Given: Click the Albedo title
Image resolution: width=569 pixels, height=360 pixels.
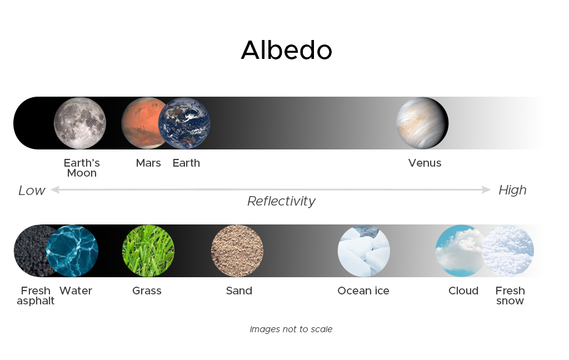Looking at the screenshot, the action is click(x=286, y=50).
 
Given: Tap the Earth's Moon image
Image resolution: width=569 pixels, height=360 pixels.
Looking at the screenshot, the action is click(x=80, y=123).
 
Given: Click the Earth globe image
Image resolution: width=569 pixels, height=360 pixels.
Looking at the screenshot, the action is click(x=184, y=123).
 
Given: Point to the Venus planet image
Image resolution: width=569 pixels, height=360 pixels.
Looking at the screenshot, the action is click(x=422, y=123).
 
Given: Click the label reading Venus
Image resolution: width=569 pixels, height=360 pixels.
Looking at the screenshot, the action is click(x=425, y=163).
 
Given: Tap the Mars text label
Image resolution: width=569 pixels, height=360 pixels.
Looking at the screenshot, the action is click(x=148, y=163).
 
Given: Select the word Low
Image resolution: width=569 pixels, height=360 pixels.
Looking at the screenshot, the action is click(x=32, y=190).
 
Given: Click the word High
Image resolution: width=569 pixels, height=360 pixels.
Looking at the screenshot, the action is click(x=512, y=190).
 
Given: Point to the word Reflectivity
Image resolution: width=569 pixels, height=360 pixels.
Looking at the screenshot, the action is click(x=281, y=201).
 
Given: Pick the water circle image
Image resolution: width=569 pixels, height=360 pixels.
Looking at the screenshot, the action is click(x=72, y=251).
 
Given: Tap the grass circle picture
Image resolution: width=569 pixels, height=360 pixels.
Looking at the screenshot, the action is click(x=148, y=251).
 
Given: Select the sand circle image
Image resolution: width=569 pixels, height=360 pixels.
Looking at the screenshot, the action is click(x=237, y=251).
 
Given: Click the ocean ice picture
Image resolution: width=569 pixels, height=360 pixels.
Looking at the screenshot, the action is click(x=363, y=251).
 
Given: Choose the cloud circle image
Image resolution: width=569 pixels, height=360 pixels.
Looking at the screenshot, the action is click(x=460, y=251).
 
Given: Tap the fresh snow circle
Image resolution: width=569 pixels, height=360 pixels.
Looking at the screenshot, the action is click(x=508, y=251).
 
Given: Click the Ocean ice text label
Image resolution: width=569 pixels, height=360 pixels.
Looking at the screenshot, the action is click(x=363, y=291).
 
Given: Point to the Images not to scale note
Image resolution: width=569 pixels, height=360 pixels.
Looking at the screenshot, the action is click(x=291, y=329).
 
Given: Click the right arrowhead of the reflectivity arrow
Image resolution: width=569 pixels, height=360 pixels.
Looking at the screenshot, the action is click(x=487, y=189).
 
